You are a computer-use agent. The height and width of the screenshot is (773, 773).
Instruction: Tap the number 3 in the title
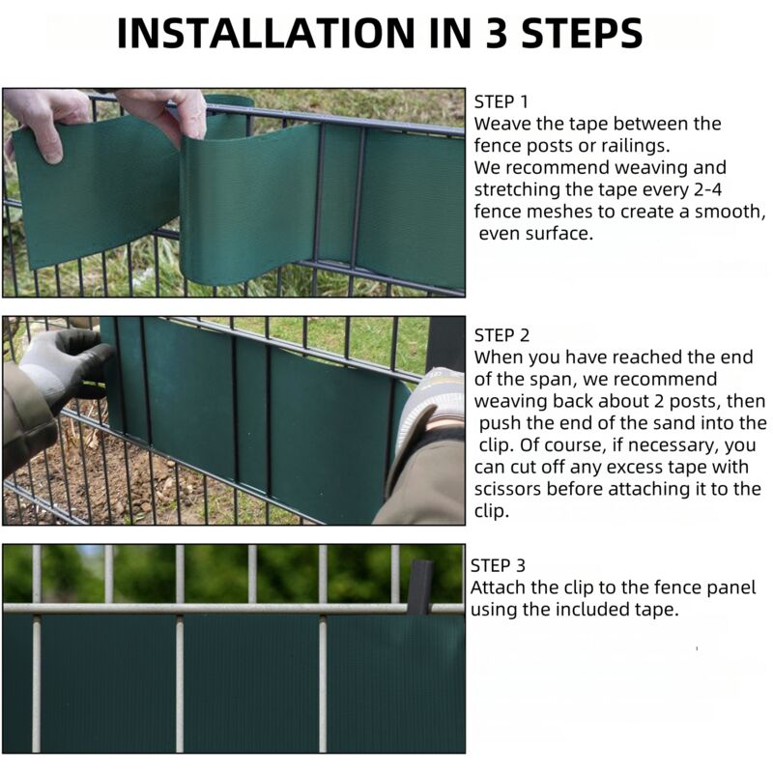[498, 33]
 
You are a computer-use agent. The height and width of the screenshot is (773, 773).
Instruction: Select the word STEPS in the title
[582, 33]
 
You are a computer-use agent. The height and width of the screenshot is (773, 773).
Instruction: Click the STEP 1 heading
[501, 102]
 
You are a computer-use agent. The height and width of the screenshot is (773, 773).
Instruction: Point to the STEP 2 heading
[501, 335]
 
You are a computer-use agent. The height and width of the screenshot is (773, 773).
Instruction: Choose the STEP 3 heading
[498, 565]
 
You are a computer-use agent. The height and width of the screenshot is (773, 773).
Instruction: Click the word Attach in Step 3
[498, 587]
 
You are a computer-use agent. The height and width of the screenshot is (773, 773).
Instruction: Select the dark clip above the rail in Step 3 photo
[419, 587]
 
